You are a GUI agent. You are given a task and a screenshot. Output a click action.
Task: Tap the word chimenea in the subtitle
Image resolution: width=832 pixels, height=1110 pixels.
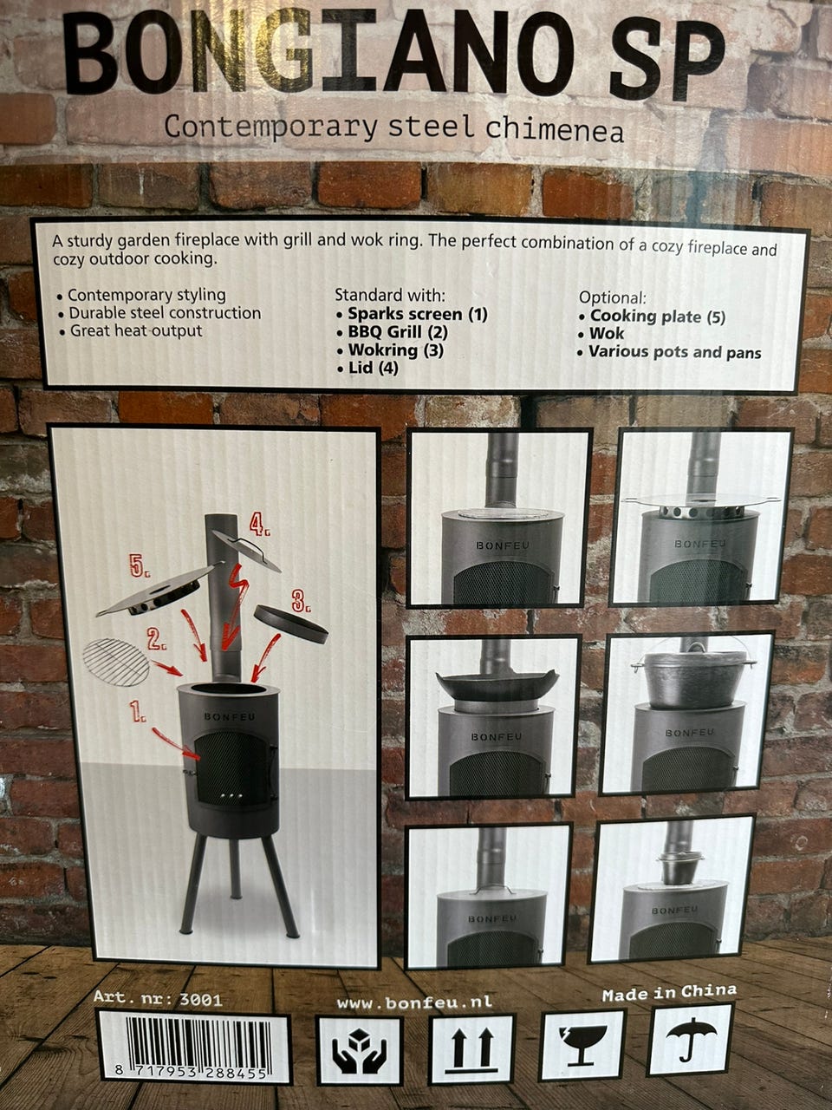tap(554, 128)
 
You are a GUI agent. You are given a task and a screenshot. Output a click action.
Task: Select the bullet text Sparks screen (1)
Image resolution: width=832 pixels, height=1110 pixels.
tap(417, 315)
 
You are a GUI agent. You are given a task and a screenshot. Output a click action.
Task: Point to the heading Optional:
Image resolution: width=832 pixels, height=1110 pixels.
tap(612, 297)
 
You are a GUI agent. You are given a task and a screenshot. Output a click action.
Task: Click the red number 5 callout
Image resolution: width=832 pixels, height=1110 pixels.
tap(139, 566)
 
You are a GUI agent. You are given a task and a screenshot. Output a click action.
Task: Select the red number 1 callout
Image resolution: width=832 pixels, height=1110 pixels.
tap(137, 712)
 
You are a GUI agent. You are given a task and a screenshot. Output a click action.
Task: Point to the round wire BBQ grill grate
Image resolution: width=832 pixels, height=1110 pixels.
tap(116, 663)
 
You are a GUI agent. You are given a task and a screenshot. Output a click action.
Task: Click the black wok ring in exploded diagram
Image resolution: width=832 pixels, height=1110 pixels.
tap(290, 624)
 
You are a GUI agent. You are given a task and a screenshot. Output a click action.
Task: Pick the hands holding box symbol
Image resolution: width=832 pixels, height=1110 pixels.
tap(359, 1050)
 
